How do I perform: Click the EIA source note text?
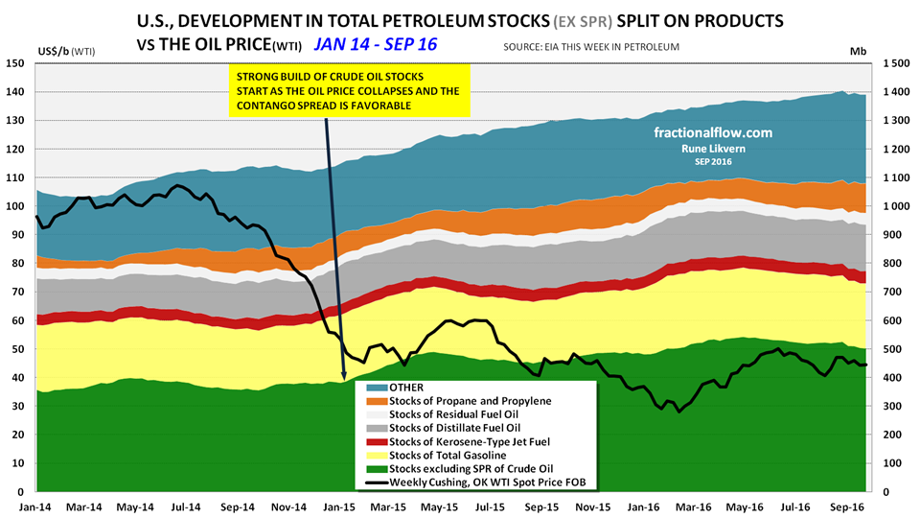[x=591, y=47]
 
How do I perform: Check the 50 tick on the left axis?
[x=17, y=350]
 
